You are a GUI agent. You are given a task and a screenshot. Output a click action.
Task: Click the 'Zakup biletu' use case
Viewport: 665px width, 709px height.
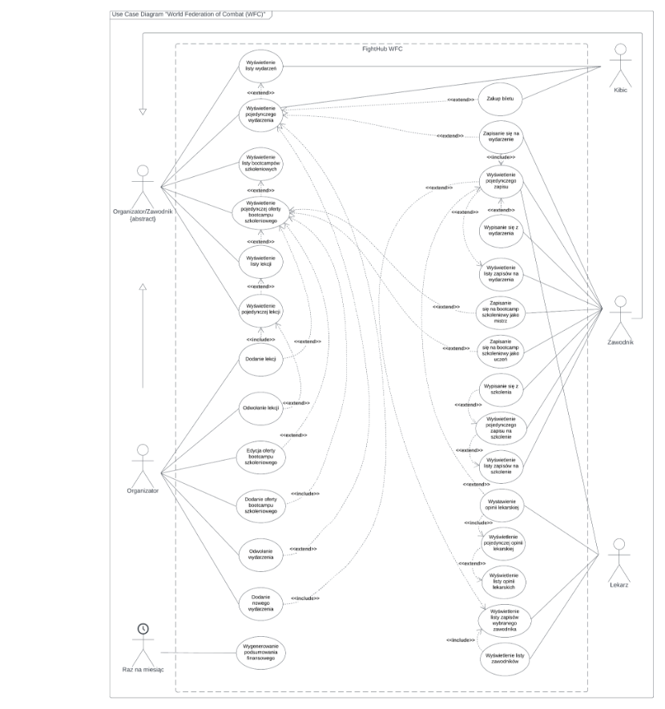coord(501,98)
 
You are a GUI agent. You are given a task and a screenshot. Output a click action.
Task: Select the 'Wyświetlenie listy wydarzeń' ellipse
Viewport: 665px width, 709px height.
coord(261,65)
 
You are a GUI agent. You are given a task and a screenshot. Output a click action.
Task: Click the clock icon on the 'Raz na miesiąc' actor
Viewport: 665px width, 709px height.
coord(143,629)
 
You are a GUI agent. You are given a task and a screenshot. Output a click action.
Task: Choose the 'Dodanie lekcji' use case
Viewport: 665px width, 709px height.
coord(261,359)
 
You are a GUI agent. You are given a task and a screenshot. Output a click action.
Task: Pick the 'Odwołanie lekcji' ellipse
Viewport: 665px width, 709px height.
coord(261,408)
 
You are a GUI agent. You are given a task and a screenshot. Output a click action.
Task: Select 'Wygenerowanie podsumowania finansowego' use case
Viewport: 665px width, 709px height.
coord(261,652)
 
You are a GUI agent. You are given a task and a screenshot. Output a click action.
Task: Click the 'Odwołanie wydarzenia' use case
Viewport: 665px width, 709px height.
coord(261,557)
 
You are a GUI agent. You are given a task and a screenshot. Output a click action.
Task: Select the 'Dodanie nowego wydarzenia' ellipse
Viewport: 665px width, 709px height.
coord(261,602)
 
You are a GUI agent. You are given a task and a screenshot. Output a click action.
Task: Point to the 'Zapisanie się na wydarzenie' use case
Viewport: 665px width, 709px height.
coord(502,136)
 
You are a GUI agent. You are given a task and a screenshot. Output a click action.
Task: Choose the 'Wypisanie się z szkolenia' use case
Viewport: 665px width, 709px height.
coord(502,389)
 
